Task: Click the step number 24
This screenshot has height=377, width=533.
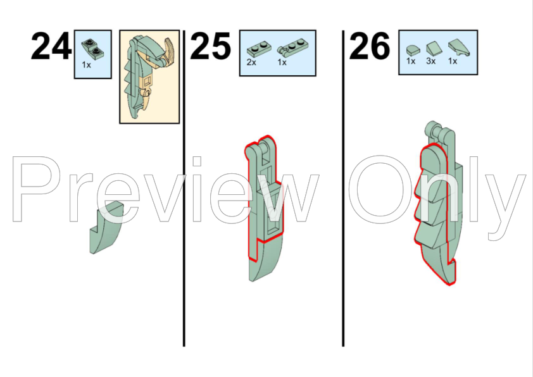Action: coord(51,46)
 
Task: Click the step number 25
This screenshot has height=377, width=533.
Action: coord(210,46)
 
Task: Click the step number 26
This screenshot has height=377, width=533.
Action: coord(370,46)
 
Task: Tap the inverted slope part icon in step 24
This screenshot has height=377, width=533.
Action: coord(93,48)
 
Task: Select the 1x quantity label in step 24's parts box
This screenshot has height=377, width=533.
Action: coord(86,65)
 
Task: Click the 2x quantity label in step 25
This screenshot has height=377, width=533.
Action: coord(251,63)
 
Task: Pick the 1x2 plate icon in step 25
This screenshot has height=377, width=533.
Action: coord(259,49)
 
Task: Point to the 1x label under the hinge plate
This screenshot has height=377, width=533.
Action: coord(282,63)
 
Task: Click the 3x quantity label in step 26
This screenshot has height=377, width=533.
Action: coord(431,61)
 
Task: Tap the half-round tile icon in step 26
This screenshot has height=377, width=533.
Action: coord(413,50)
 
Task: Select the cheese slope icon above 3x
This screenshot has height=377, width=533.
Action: coord(432,49)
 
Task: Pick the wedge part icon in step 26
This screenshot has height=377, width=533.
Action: coord(459,48)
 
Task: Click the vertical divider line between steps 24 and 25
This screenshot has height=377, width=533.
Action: coord(184,188)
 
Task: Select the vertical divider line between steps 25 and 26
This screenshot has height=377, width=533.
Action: coord(343,188)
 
